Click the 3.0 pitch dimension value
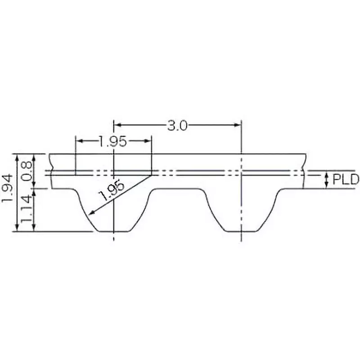pyautogui.click(x=177, y=126)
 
